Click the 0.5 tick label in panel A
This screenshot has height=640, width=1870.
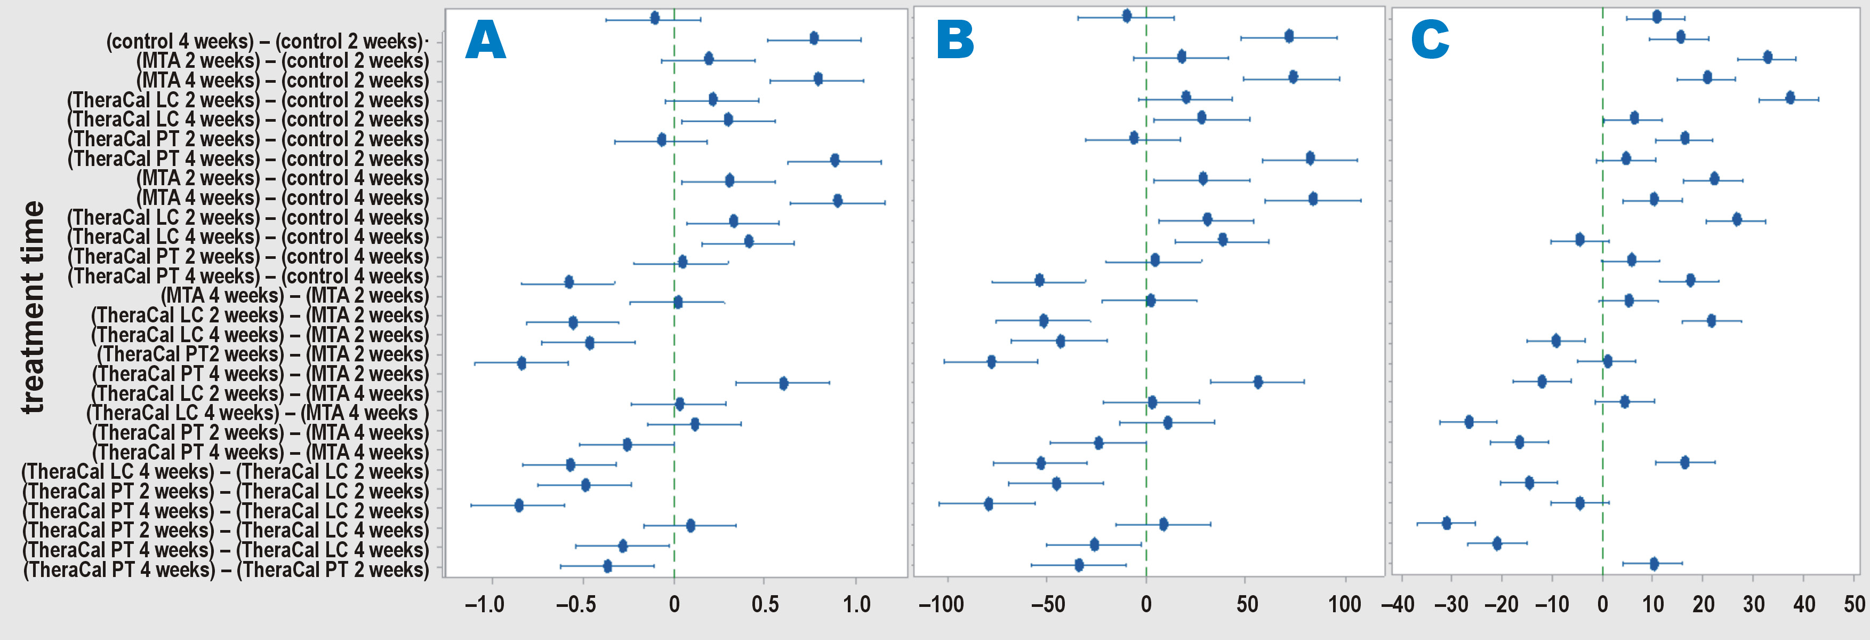click(x=765, y=604)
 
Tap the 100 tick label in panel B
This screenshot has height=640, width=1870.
click(x=1344, y=604)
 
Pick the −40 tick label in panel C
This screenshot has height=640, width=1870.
click(x=1398, y=604)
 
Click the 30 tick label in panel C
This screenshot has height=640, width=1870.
click(x=1754, y=604)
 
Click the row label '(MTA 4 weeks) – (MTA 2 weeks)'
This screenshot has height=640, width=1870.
click(x=294, y=296)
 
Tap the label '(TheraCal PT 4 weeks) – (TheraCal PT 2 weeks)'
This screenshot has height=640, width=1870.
click(x=226, y=570)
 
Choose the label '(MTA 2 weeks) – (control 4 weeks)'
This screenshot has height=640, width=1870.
click(x=283, y=178)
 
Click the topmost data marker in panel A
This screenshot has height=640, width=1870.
click(x=655, y=18)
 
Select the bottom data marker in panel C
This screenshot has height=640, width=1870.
click(x=1654, y=564)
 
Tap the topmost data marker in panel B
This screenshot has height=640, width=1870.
click(x=1127, y=16)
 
